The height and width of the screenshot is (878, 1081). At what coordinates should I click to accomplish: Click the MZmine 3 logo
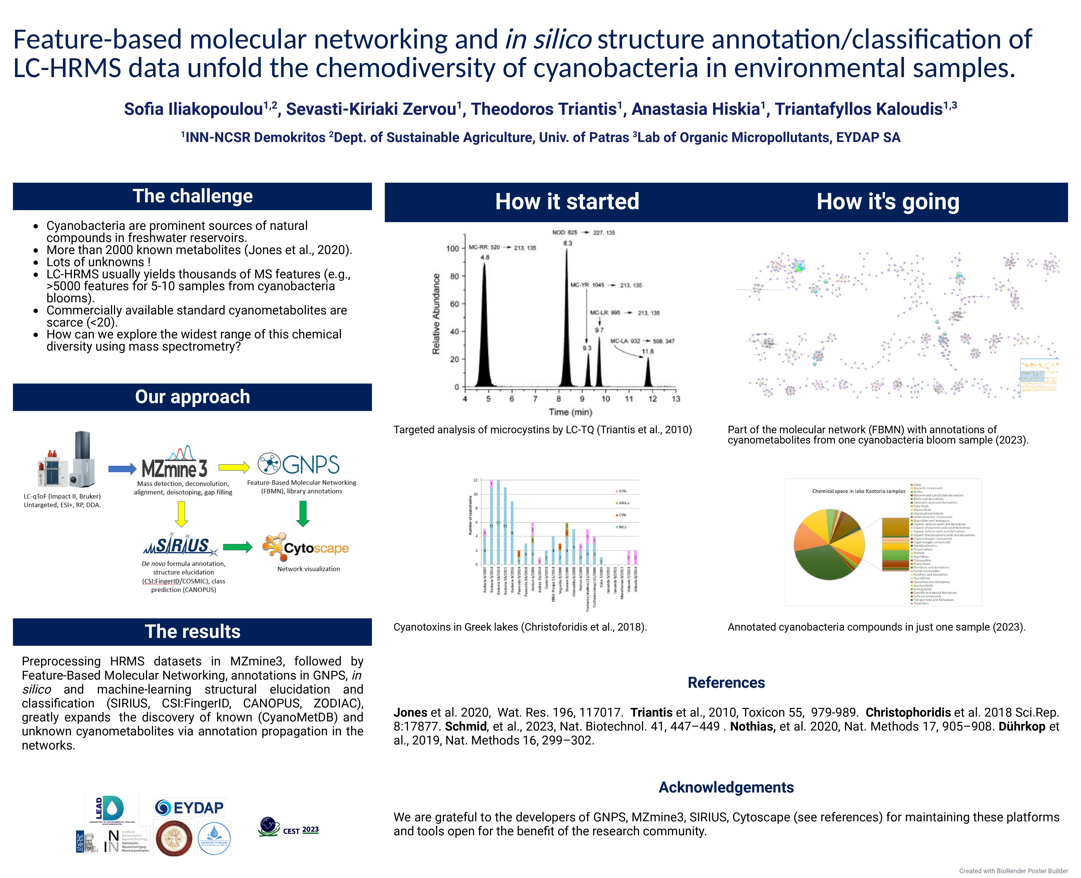coord(175,463)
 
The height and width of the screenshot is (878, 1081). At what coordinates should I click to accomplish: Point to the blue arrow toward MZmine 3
coord(122,469)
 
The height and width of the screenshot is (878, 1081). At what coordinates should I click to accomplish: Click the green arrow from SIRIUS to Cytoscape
coord(237,547)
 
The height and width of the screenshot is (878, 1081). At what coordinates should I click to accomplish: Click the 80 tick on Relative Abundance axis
coord(454,276)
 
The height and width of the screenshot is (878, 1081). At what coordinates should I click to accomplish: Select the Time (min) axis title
coord(570,412)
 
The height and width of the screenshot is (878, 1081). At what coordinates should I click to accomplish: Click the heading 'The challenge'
coord(192,196)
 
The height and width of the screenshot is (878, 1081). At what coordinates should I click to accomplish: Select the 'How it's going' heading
coord(888,202)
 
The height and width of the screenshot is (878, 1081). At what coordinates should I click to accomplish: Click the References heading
coord(726,683)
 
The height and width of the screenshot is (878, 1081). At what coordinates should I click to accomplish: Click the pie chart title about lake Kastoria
coord(858,491)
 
